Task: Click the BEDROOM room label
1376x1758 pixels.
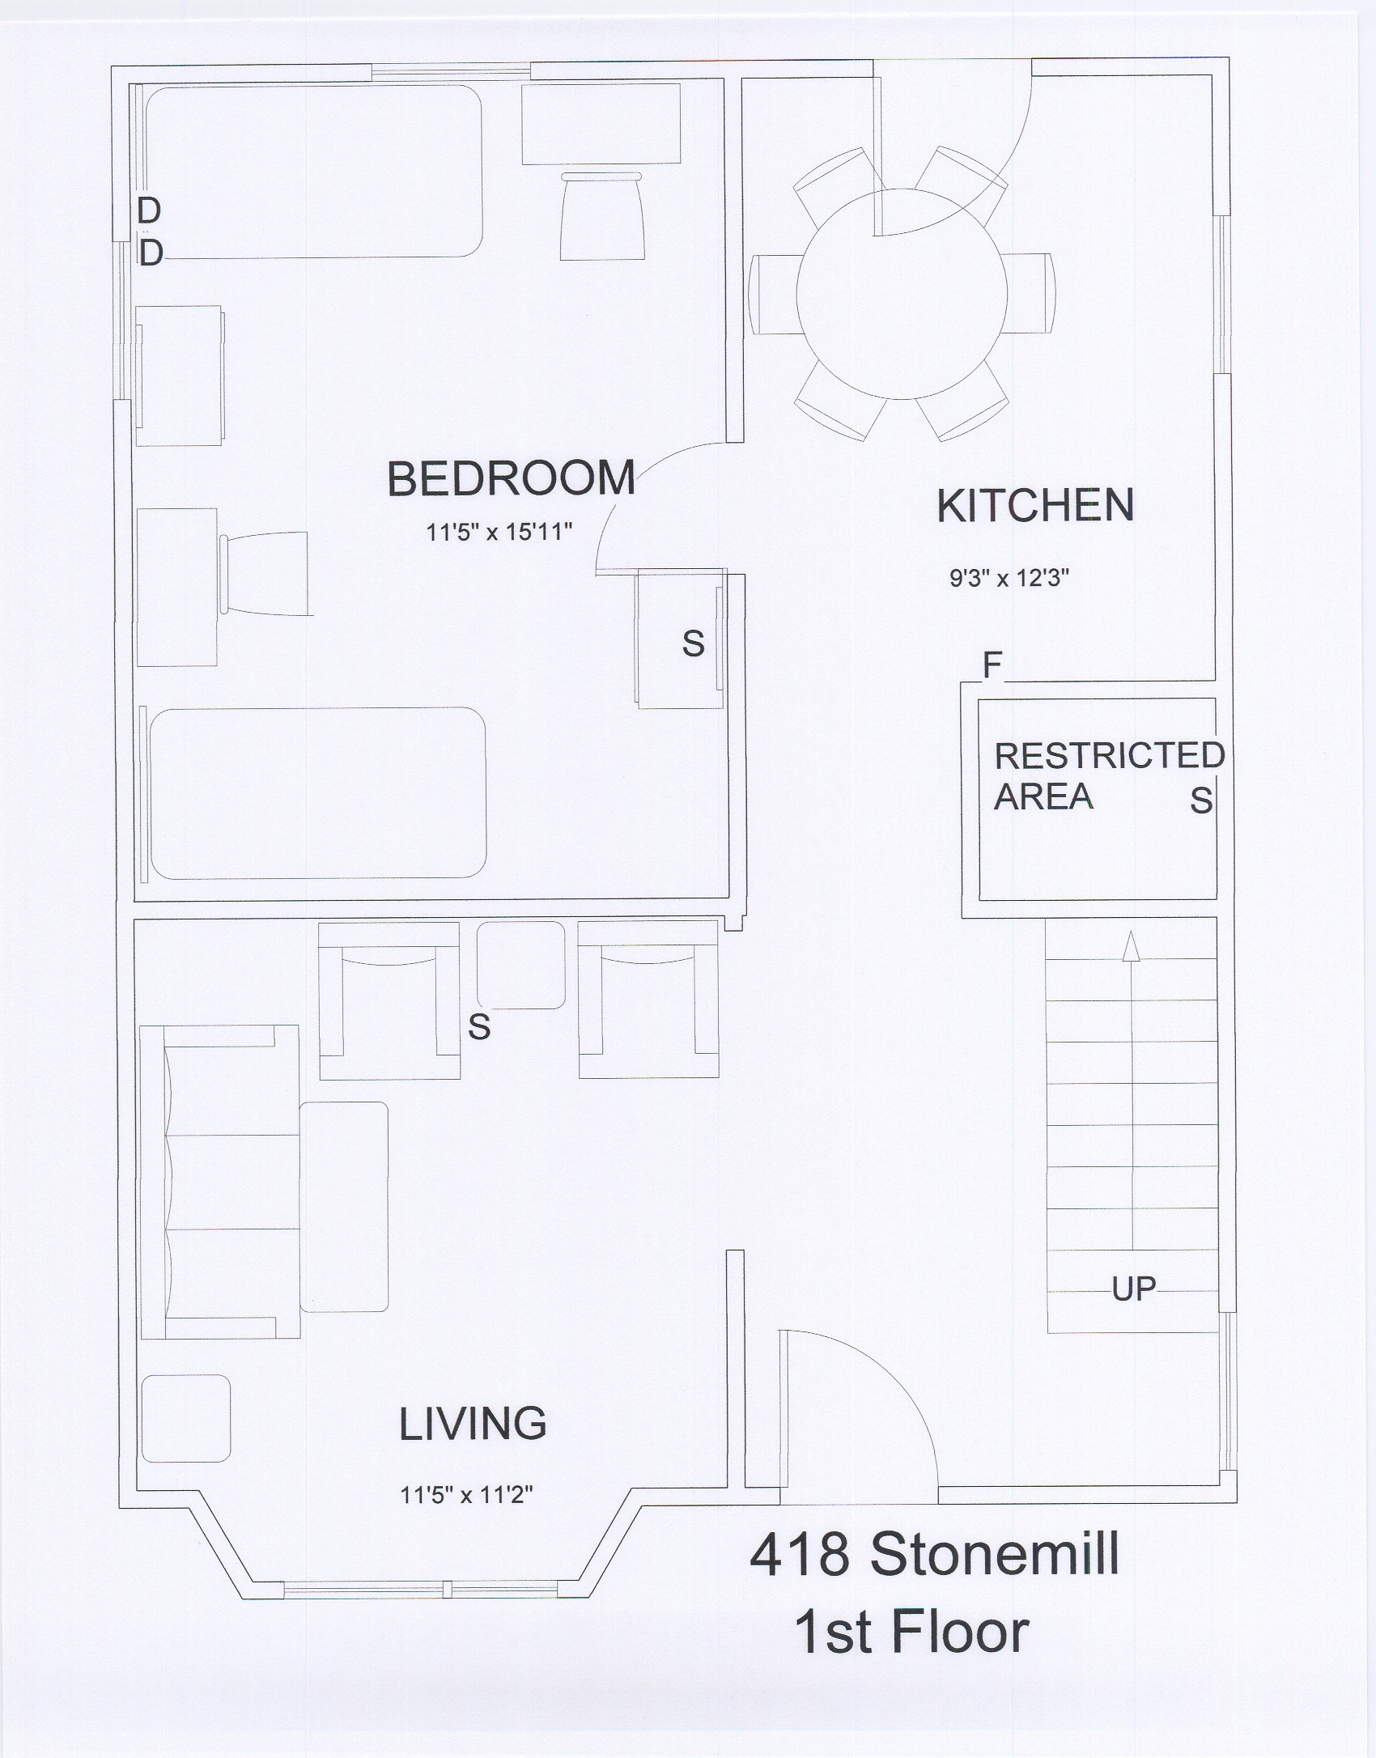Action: click(511, 478)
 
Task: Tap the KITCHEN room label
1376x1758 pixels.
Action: click(1035, 506)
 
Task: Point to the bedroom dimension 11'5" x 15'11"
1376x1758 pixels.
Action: click(500, 533)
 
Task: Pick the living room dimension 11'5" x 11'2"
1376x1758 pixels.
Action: click(466, 1494)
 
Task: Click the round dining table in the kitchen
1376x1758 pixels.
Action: click(902, 294)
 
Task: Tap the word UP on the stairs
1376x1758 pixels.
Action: click(1133, 1289)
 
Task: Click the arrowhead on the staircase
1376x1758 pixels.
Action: click(1132, 945)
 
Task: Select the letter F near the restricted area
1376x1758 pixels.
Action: click(992, 665)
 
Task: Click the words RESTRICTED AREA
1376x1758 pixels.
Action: click(1109, 775)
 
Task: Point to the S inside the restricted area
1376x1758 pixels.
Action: click(1201, 800)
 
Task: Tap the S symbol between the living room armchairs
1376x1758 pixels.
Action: click(479, 1027)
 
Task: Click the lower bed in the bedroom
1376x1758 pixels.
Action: click(317, 793)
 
